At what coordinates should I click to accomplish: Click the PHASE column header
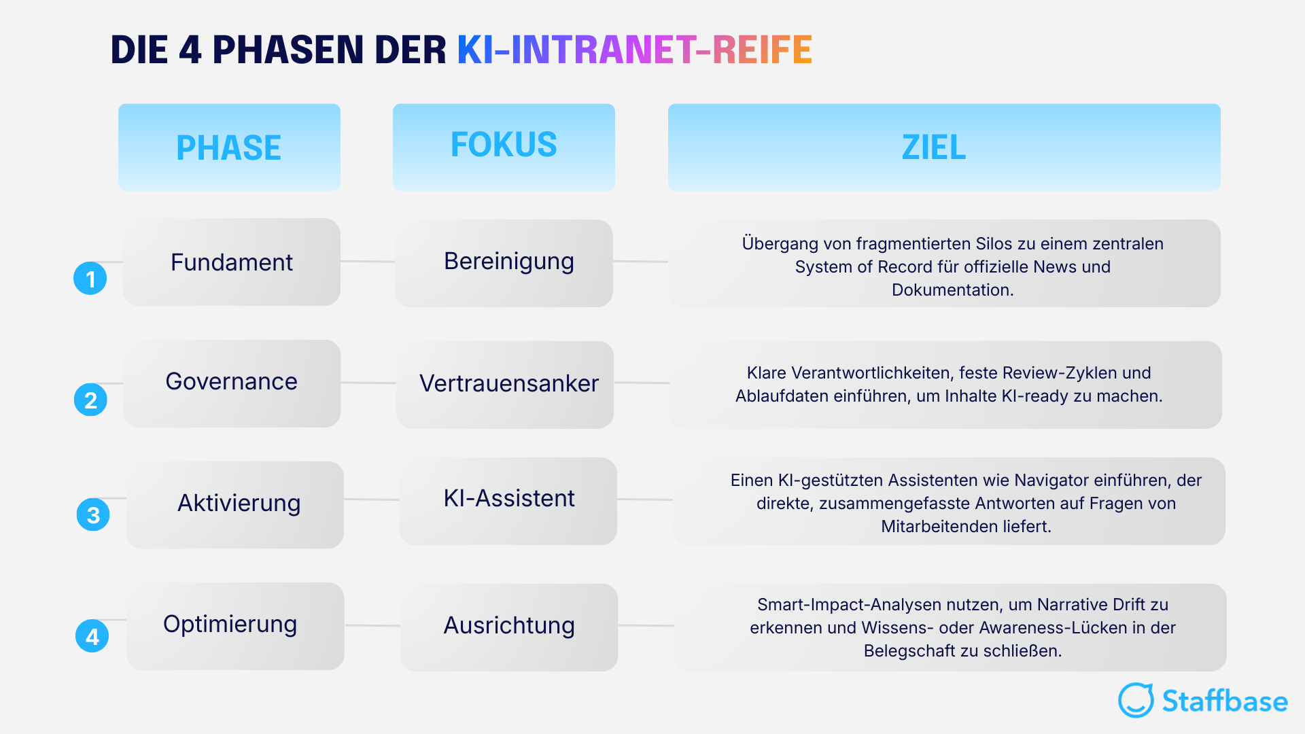pyautogui.click(x=229, y=147)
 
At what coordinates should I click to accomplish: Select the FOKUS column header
pyautogui.click(x=504, y=146)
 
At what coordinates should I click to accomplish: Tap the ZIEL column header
pyautogui.click(x=943, y=147)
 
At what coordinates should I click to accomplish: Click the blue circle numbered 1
pyautogui.click(x=90, y=279)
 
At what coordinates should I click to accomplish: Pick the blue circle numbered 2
pyautogui.click(x=90, y=400)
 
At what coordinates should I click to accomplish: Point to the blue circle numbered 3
pyautogui.click(x=93, y=515)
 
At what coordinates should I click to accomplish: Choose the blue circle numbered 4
pyautogui.click(x=92, y=636)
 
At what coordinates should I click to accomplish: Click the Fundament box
pyautogui.click(x=231, y=262)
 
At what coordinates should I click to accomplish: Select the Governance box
pyautogui.click(x=231, y=383)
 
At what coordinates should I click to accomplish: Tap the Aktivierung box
pyautogui.click(x=235, y=504)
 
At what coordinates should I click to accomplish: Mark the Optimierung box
pyautogui.click(x=235, y=626)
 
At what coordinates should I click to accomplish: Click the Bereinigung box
pyautogui.click(x=504, y=263)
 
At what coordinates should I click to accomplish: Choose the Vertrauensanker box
pyautogui.click(x=505, y=384)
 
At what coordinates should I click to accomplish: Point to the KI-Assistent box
pyautogui.click(x=508, y=501)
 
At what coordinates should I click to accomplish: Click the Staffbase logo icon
pyautogui.click(x=1136, y=700)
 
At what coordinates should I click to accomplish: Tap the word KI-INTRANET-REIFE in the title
pyautogui.click(x=634, y=50)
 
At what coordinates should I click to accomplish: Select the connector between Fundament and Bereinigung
pyautogui.click(x=368, y=261)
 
